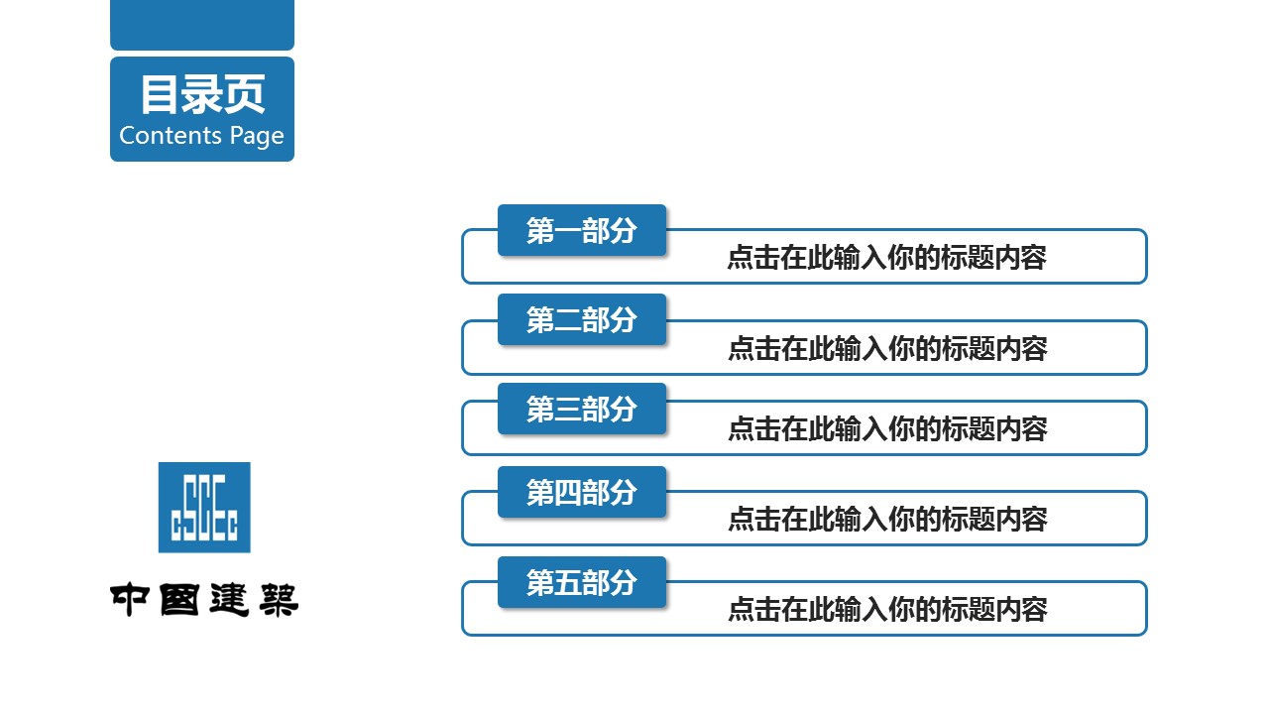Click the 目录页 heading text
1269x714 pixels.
(202, 94)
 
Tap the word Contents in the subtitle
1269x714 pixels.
(170, 136)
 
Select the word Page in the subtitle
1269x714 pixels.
(257, 137)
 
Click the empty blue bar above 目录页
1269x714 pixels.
(202, 25)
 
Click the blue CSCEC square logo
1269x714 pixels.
(204, 507)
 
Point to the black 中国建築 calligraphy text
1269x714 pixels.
(204, 600)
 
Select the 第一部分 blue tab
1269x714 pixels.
(582, 230)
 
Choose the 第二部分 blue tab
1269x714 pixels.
(582, 319)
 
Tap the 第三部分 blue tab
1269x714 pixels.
(582, 409)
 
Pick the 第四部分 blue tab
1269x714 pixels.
(582, 492)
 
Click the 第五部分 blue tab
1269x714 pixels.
(582, 582)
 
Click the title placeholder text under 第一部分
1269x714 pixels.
(886, 257)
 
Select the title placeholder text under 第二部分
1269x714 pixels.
(887, 348)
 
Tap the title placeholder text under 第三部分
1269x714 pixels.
(887, 428)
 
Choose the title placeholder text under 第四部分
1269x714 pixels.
(887, 519)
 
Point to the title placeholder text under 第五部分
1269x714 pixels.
(887, 609)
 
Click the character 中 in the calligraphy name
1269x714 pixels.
(130, 599)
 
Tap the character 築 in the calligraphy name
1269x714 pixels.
(279, 600)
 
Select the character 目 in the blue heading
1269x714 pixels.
(160, 94)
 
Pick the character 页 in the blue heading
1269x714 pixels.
(245, 94)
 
